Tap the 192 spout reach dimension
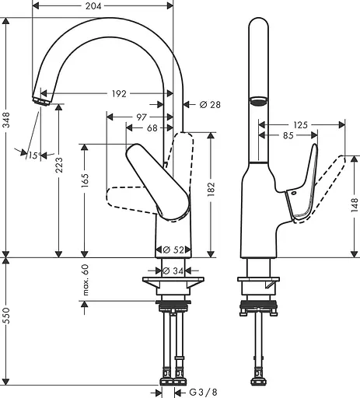point(118,94)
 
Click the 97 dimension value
point(141,117)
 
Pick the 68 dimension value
point(152,128)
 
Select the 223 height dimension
point(60,183)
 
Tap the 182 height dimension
point(210,188)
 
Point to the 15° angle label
point(31,155)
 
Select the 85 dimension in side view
point(288,136)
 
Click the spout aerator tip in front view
point(41,98)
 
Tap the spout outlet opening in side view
point(257,100)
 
